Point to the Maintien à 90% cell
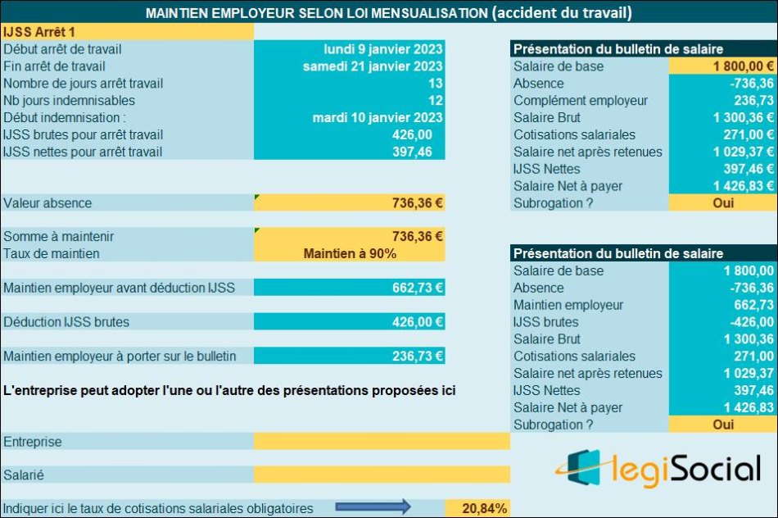(x=350, y=253)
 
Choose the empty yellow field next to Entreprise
(x=382, y=442)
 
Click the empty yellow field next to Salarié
(x=382, y=475)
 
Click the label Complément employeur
(x=581, y=101)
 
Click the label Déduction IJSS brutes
(x=66, y=322)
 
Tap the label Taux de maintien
(x=52, y=253)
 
